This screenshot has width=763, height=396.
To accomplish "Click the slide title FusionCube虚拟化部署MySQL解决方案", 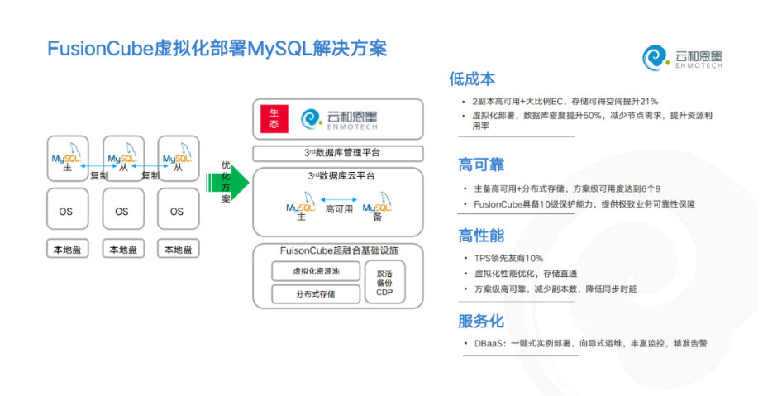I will click(217, 48).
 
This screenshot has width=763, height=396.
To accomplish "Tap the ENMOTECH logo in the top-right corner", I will click(683, 59).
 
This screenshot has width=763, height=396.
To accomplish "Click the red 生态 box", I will click(273, 119).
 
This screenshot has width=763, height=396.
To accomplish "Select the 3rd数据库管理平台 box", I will click(337, 154).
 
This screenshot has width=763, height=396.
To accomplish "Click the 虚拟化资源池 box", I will click(316, 271).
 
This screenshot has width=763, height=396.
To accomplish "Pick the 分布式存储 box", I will click(316, 293).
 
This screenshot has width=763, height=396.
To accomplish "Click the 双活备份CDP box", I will click(385, 282).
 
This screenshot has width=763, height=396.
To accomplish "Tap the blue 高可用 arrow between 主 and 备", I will click(339, 198).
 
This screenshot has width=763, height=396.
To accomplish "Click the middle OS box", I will click(122, 211).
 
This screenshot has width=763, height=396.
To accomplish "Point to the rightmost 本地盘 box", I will click(177, 249).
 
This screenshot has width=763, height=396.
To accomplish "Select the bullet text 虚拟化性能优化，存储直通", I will click(525, 273).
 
